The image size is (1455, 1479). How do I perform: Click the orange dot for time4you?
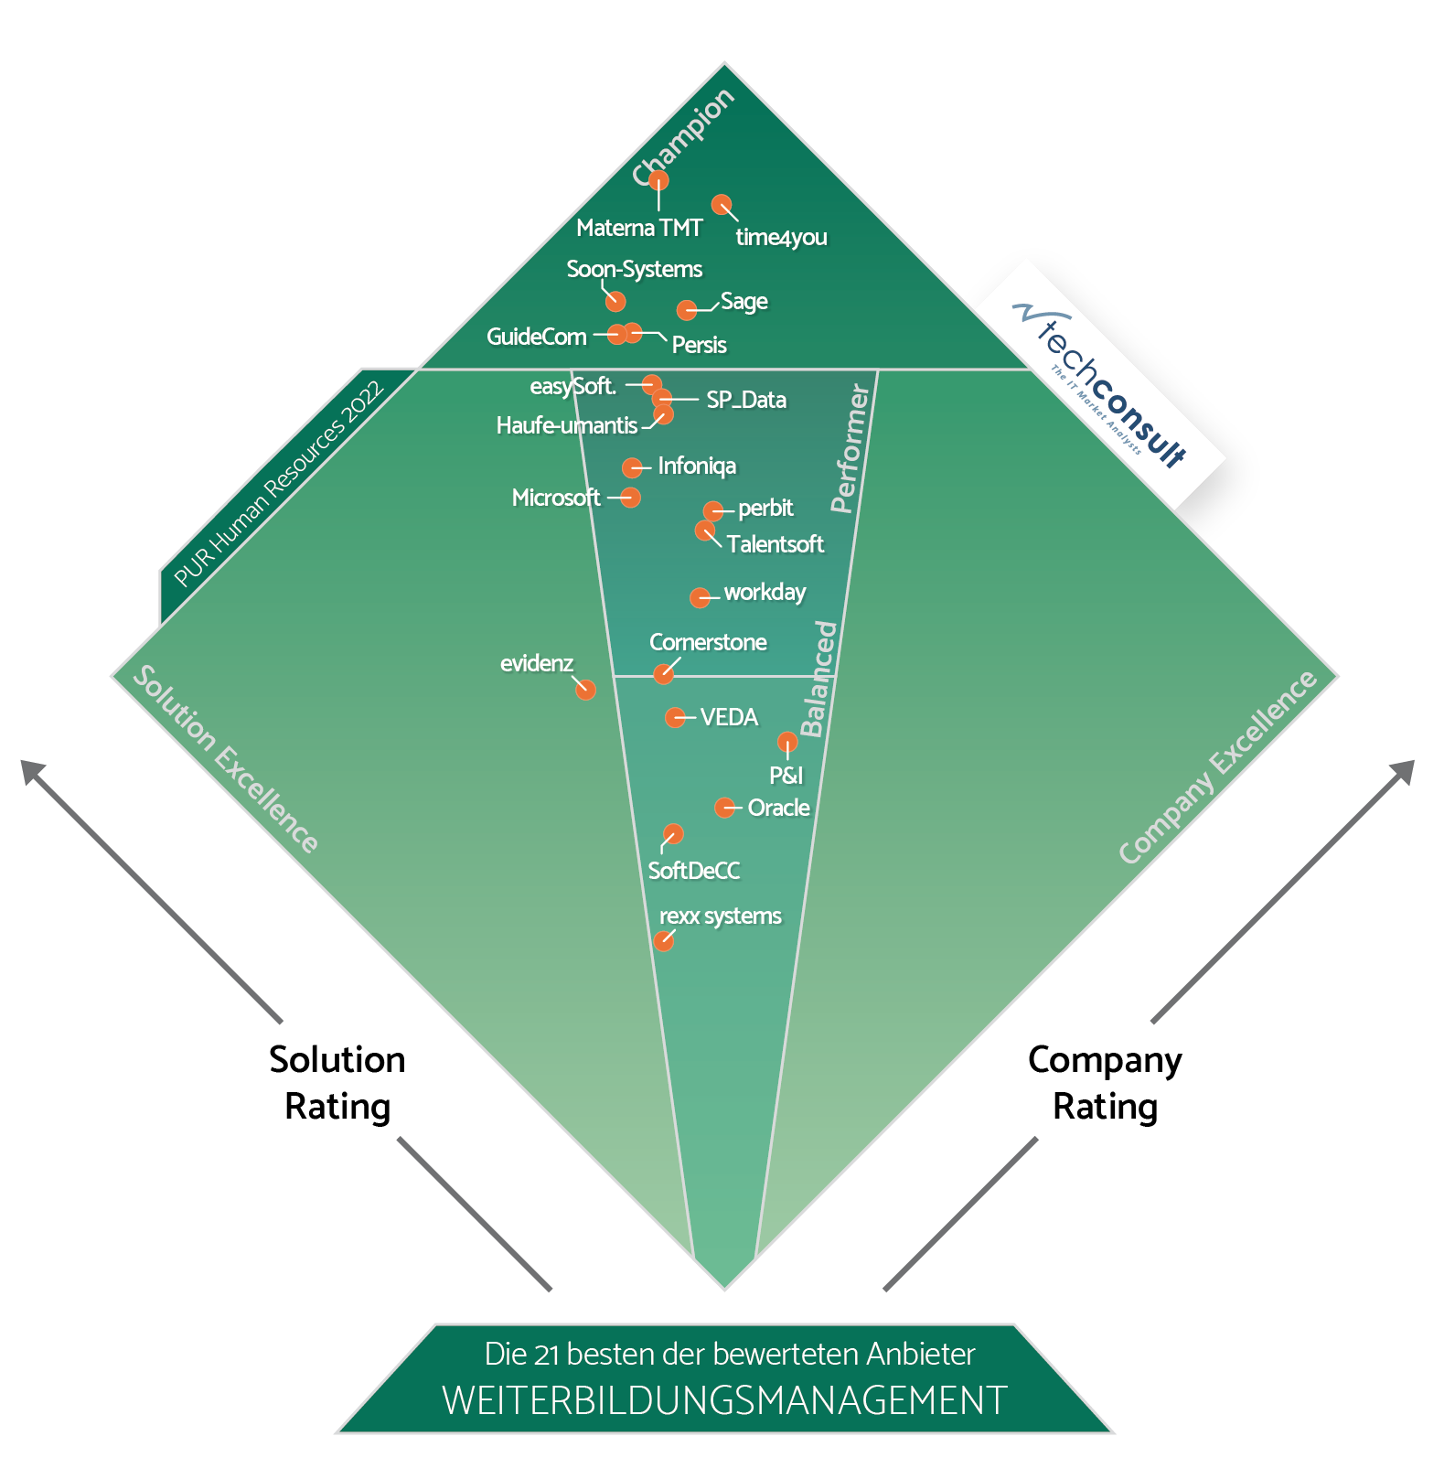pos(722,205)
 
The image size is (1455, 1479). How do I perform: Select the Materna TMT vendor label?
pos(639,228)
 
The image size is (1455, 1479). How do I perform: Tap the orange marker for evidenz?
pos(585,690)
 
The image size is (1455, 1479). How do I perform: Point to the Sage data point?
pos(687,311)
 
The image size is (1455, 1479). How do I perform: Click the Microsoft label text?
pos(556,498)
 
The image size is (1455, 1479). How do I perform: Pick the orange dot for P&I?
pos(787,742)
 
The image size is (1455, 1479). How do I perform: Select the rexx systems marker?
pos(664,940)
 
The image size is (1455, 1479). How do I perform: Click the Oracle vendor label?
pos(779,808)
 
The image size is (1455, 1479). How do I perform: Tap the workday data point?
pos(700,598)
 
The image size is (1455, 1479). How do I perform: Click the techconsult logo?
pos(1101,384)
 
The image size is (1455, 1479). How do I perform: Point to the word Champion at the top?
pos(683,137)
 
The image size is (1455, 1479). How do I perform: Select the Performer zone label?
pos(850,448)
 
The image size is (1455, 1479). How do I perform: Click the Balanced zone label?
pos(818,678)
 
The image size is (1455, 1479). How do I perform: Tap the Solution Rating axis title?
pos(337,1083)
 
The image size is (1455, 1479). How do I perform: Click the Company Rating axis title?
pos(1105,1083)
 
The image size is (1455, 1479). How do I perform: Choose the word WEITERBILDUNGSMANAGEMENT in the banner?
pos(724,1400)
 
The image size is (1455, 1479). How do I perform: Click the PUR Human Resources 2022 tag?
pos(279,485)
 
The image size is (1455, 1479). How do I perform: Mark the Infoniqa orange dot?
pos(632,468)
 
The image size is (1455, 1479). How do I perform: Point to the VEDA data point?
pos(675,718)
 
